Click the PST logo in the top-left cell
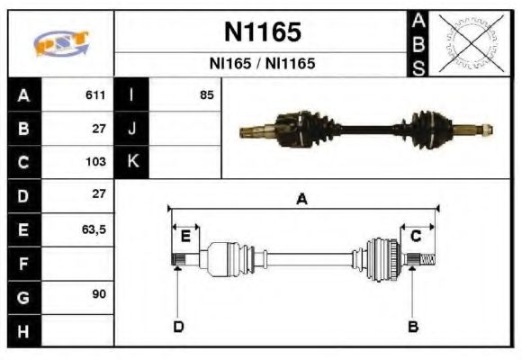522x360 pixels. tap(60, 44)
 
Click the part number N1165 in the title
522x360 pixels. tap(261, 33)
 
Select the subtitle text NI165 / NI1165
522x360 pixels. tap(261, 65)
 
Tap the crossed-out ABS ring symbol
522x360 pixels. tap(470, 43)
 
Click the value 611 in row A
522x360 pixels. tap(95, 94)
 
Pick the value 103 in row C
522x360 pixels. tap(95, 163)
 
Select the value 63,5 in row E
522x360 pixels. tap(94, 229)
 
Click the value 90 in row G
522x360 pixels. tap(98, 295)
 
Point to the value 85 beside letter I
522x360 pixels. tap(207, 94)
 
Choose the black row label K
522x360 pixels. tap(132, 163)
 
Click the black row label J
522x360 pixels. tap(132, 129)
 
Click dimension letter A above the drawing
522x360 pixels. tap(302, 200)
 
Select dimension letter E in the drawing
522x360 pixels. tap(185, 237)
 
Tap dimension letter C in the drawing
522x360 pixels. tap(416, 237)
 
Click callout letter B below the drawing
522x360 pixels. tap(413, 326)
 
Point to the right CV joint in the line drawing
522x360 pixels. tap(382, 259)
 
